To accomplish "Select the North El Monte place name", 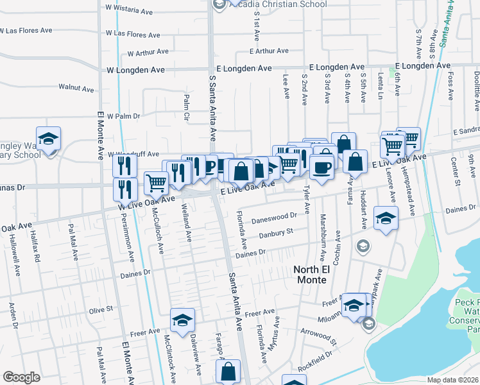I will pyautogui.click(x=311, y=275).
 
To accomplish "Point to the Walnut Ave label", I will pyautogui.click(x=76, y=87).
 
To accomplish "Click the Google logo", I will pyautogui.click(x=21, y=377).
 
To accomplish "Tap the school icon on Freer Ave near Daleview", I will pyautogui.click(x=182, y=320).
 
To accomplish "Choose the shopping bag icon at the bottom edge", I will pyautogui.click(x=228, y=371).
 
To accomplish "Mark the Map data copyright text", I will pyautogui.click(x=452, y=380).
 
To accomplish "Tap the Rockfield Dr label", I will pyautogui.click(x=318, y=354).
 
